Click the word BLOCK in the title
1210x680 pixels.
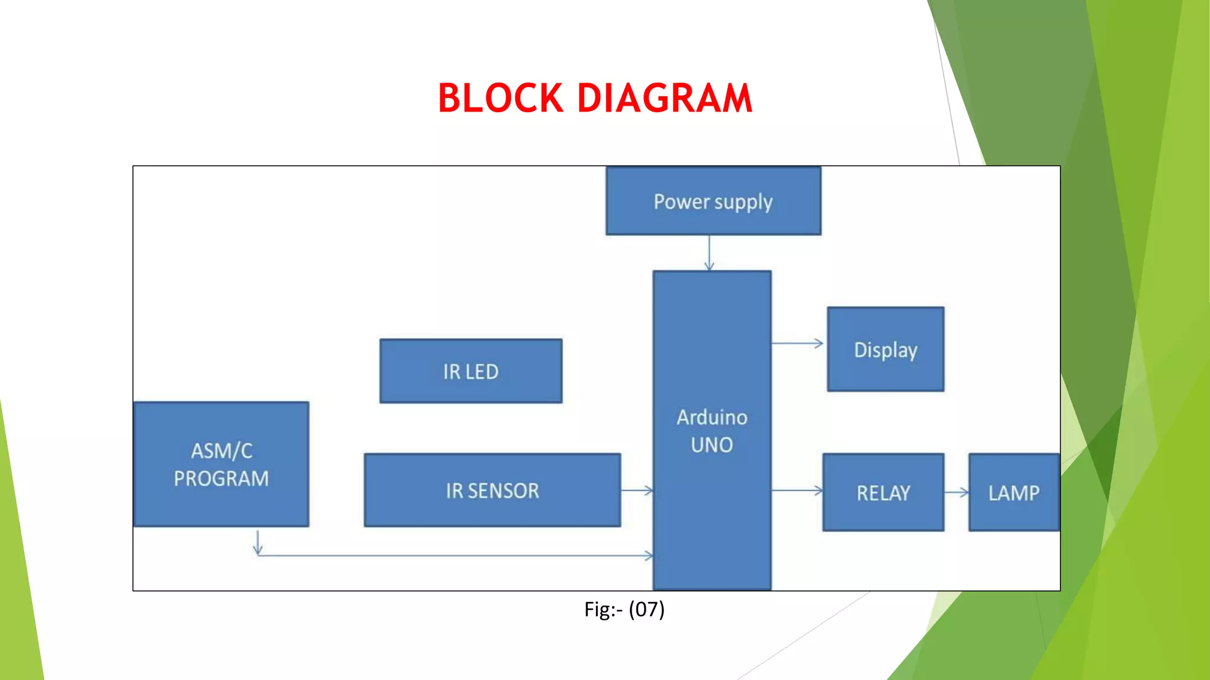500,98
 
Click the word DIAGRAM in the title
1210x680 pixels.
664,98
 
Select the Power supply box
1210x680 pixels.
713,201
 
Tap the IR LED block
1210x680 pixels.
471,371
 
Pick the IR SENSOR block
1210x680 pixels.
492,491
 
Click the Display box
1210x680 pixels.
885,349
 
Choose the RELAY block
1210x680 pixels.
883,493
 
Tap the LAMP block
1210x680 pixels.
1013,493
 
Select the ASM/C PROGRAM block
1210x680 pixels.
221,465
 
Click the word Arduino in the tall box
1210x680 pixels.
712,417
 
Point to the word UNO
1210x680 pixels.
712,445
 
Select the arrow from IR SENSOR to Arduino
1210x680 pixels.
637,490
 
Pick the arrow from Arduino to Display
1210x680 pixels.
798,343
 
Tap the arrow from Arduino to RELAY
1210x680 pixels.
798,490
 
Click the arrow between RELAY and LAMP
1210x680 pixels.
957,492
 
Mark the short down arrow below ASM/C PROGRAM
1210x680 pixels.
258,542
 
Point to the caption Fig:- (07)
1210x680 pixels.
624,609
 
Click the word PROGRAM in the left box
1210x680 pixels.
221,479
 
